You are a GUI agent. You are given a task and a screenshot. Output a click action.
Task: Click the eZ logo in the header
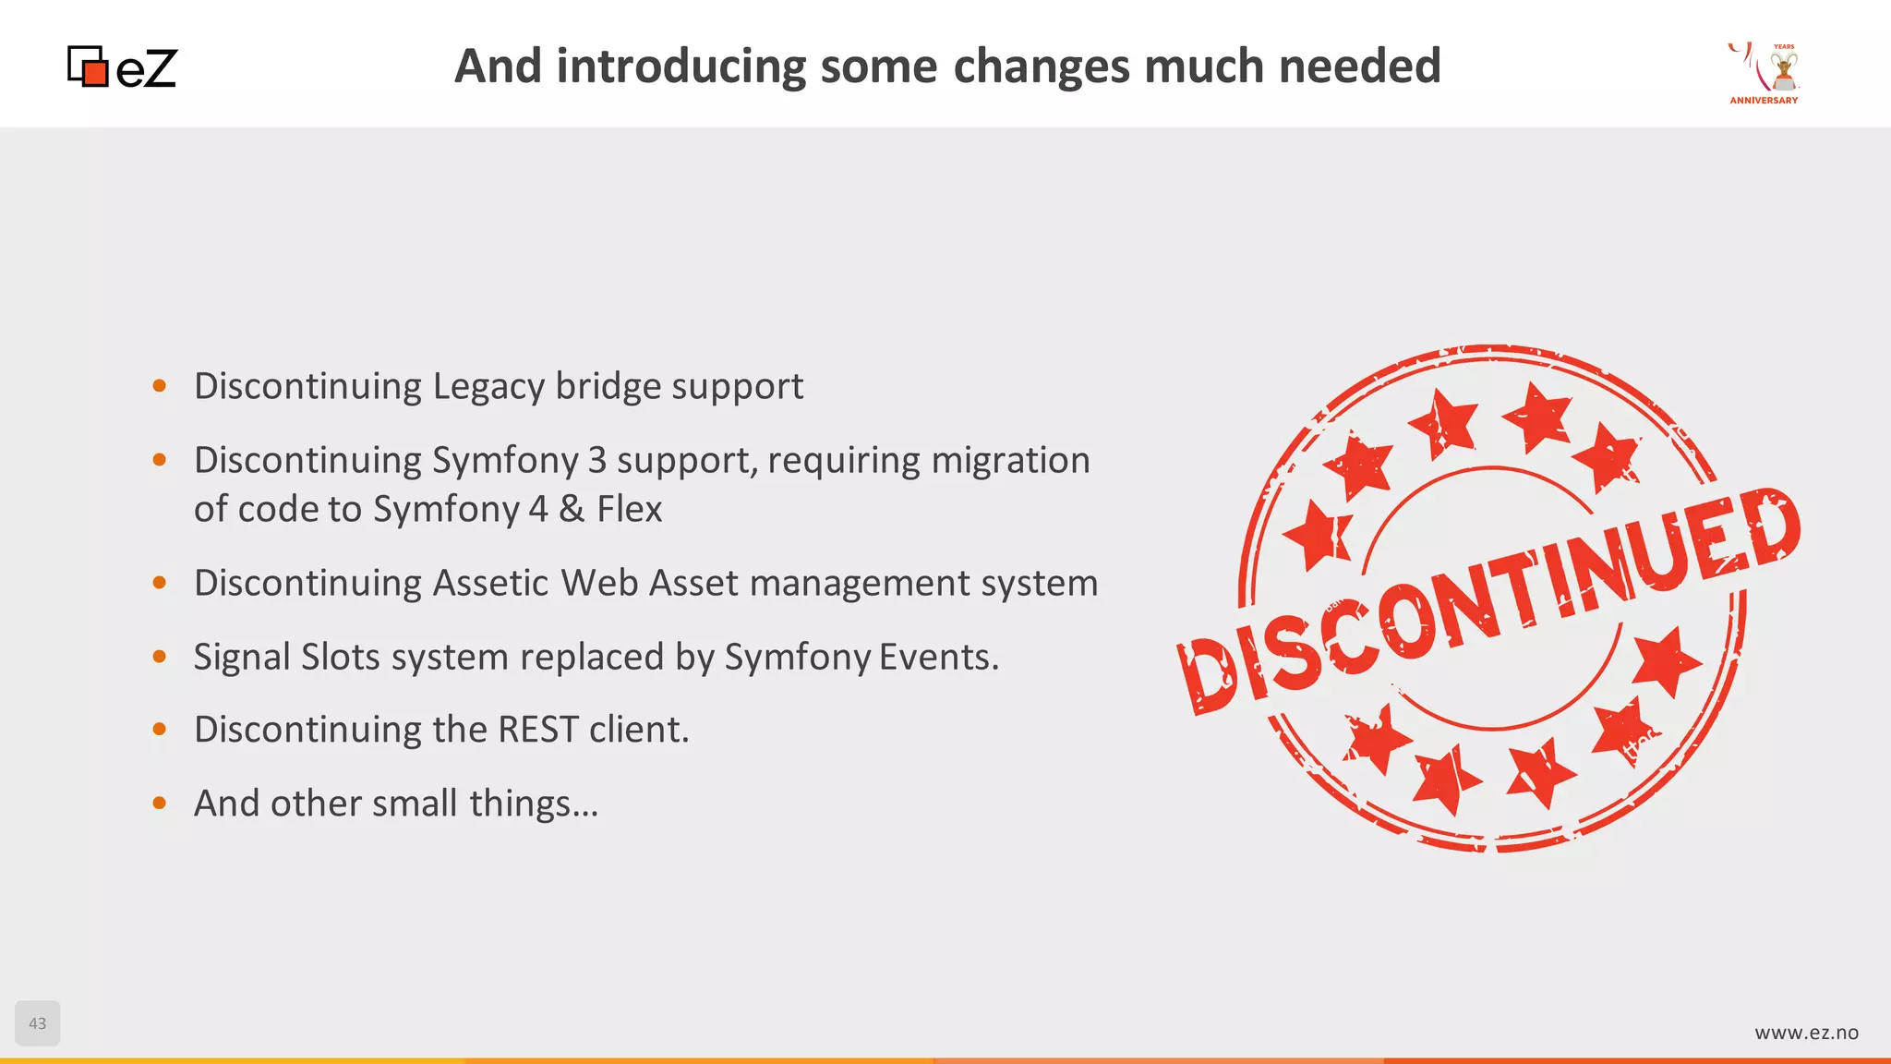click(x=123, y=67)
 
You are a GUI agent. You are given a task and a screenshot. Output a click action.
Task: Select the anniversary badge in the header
click(x=1765, y=73)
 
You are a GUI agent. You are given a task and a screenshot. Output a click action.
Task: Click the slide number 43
click(x=38, y=1023)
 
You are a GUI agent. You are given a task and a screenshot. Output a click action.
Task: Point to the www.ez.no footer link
click(x=1806, y=1033)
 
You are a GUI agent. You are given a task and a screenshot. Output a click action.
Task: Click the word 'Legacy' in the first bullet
click(x=488, y=387)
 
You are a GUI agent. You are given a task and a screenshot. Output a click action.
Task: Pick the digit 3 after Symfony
click(x=597, y=460)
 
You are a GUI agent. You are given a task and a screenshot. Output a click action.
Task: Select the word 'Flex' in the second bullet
click(x=630, y=509)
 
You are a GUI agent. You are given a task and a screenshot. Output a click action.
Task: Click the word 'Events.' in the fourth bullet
click(x=939, y=657)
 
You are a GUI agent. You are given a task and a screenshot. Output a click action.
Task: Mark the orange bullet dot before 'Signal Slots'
click(x=160, y=657)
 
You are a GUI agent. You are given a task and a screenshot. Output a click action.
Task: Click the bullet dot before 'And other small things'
click(x=160, y=804)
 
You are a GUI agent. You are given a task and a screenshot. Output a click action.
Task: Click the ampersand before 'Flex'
click(x=572, y=509)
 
